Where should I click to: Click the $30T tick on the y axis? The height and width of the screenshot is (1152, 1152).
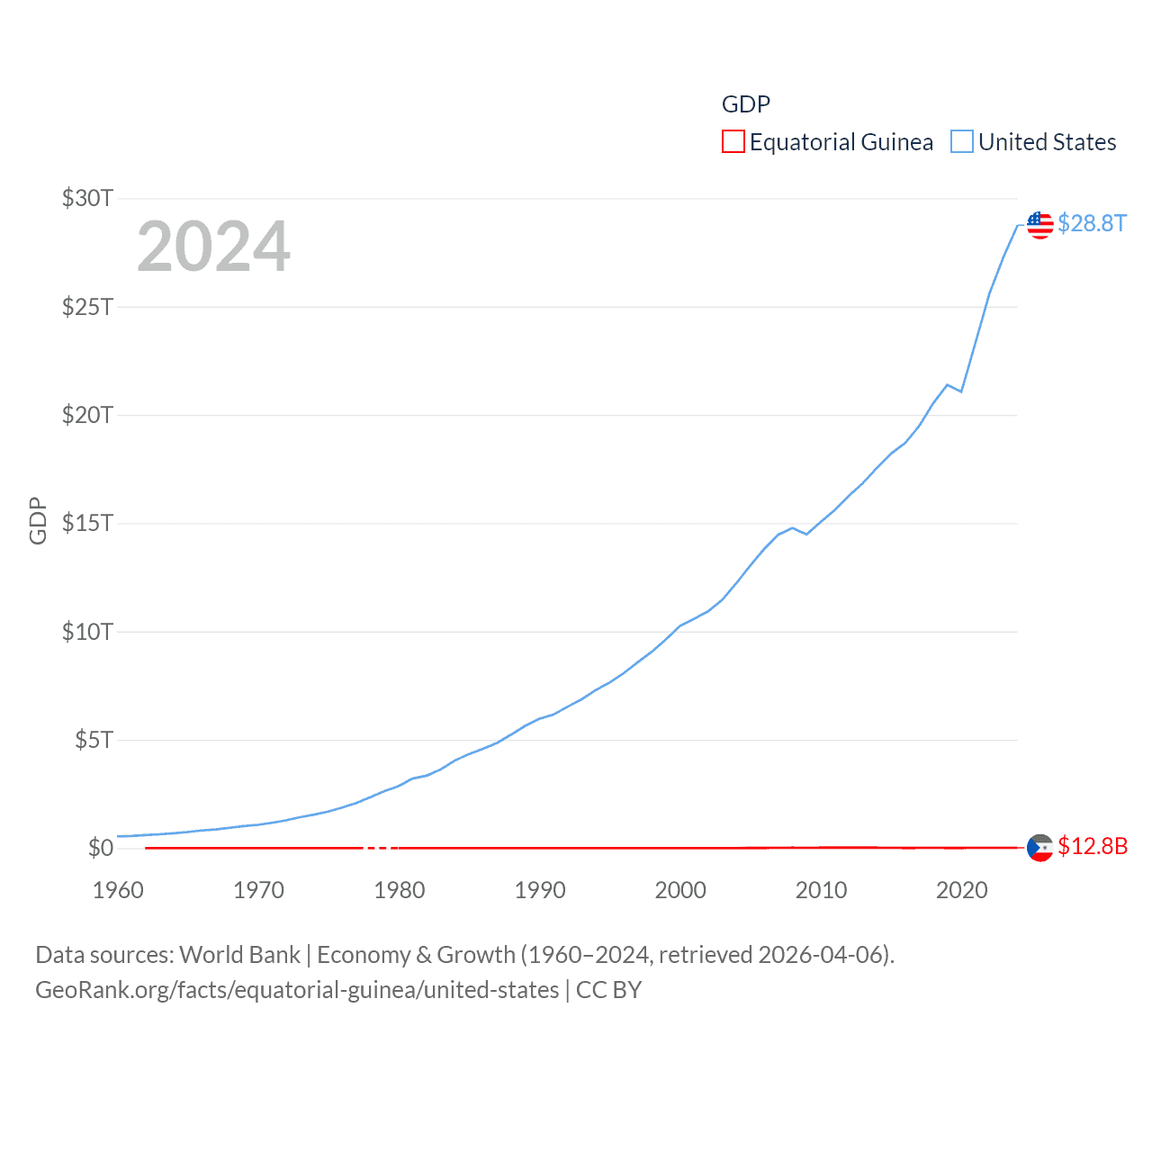pos(87,198)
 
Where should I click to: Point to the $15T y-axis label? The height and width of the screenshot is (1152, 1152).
pos(87,523)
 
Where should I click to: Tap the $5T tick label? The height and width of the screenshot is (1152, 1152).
pos(94,740)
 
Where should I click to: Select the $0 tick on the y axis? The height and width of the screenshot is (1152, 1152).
pos(101,848)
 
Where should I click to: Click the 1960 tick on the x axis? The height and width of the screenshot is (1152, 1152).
pos(118,890)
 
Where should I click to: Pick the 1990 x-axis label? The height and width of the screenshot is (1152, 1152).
pos(540,890)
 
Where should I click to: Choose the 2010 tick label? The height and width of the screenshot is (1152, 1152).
pos(821,890)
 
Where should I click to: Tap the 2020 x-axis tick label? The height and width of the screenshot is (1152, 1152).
pos(962,890)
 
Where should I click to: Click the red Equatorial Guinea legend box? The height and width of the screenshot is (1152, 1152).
pos(733,142)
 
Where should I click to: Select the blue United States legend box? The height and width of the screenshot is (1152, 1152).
pos(962,142)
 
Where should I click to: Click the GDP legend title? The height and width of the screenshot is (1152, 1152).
pos(746,104)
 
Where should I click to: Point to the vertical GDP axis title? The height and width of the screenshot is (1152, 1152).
pos(38,520)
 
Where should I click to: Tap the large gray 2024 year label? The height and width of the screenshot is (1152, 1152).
pos(213,247)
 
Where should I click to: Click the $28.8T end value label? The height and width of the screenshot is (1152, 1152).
pos(1092,223)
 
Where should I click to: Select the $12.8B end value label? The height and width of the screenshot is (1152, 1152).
pos(1093,846)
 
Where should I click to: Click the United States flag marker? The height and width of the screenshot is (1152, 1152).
pos(1040,225)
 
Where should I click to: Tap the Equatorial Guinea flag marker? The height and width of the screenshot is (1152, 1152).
pos(1040,848)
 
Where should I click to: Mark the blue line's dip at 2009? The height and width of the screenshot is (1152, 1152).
pos(806,535)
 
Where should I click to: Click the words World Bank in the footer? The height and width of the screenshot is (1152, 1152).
pos(239,955)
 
